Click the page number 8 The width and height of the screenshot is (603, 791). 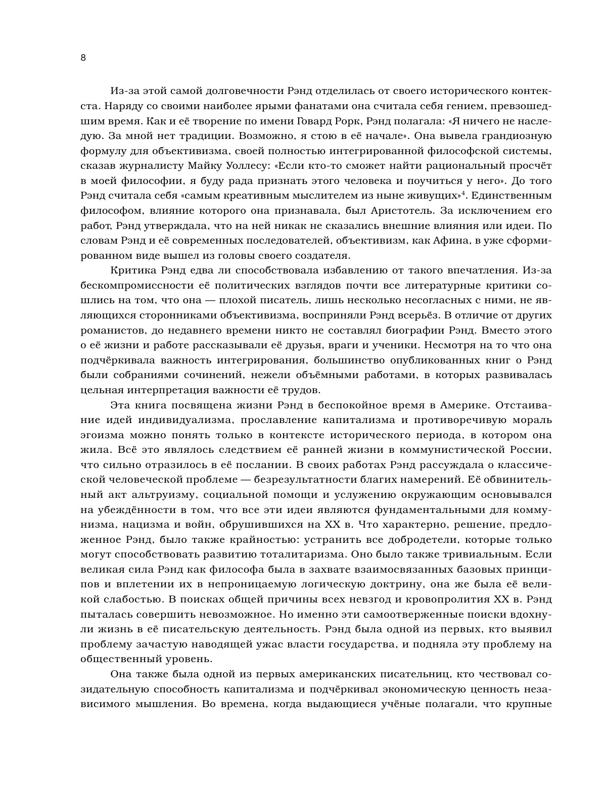(x=83, y=58)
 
